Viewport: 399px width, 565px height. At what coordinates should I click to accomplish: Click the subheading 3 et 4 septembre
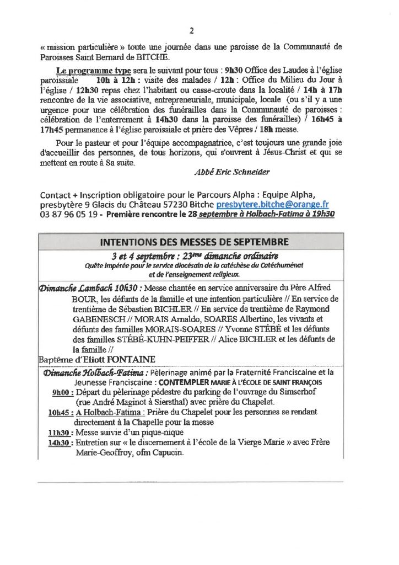click(143, 256)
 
